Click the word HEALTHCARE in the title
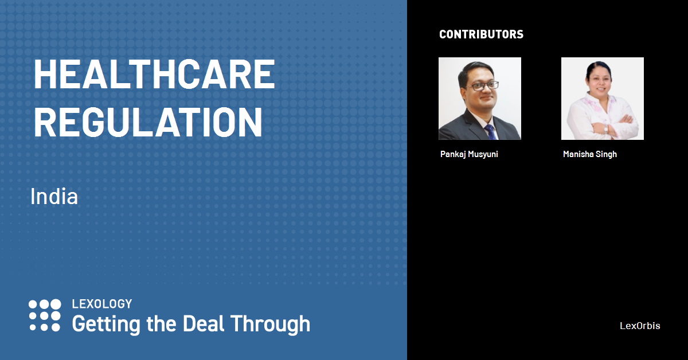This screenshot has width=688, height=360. (x=154, y=75)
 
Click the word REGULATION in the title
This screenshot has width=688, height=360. (x=148, y=122)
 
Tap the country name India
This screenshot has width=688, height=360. (x=54, y=196)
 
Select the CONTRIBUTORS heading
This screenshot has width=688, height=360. (x=481, y=34)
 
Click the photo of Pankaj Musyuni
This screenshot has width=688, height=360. (x=480, y=99)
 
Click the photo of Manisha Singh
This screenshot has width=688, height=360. (x=603, y=99)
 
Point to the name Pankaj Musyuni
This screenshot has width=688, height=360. (x=469, y=154)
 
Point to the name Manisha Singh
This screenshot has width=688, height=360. (x=590, y=154)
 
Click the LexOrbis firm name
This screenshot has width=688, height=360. (x=640, y=326)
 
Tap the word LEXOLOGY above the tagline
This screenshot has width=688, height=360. (x=102, y=304)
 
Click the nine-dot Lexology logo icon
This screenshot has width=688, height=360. (x=45, y=315)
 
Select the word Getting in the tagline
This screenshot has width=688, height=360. (x=106, y=324)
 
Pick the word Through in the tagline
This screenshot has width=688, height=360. (x=271, y=324)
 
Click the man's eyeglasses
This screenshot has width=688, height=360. (x=483, y=85)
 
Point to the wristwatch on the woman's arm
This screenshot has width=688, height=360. (x=606, y=129)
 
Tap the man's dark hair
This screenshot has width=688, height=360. (x=475, y=71)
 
